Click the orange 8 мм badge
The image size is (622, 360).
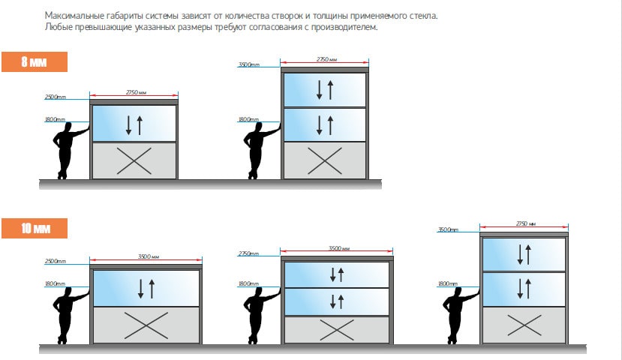coord(35,61)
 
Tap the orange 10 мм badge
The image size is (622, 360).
coord(35,228)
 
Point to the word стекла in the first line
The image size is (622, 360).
coord(423,16)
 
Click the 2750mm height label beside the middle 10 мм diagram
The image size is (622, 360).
coord(248,253)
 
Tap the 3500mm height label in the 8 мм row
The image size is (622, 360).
coord(248,64)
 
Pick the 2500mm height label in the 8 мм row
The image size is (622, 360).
coord(55,97)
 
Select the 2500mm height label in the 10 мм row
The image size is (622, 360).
coord(55,261)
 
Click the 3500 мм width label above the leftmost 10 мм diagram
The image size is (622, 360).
coord(149,256)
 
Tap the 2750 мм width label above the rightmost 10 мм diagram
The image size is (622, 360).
coord(526,223)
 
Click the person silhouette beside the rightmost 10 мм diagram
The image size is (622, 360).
coord(459,315)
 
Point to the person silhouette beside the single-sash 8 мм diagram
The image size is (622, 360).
coord(71,151)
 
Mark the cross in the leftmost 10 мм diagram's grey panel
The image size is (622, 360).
coord(146,325)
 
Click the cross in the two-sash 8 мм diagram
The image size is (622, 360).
coord(324,161)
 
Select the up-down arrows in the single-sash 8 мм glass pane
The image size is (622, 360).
coord(134,125)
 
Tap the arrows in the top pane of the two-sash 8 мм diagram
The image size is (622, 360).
coord(325,90)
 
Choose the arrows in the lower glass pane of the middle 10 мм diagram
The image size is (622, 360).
coord(337,301)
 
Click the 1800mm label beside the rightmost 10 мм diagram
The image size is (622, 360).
coord(447,284)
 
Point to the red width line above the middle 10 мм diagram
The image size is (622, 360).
coord(336,251)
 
